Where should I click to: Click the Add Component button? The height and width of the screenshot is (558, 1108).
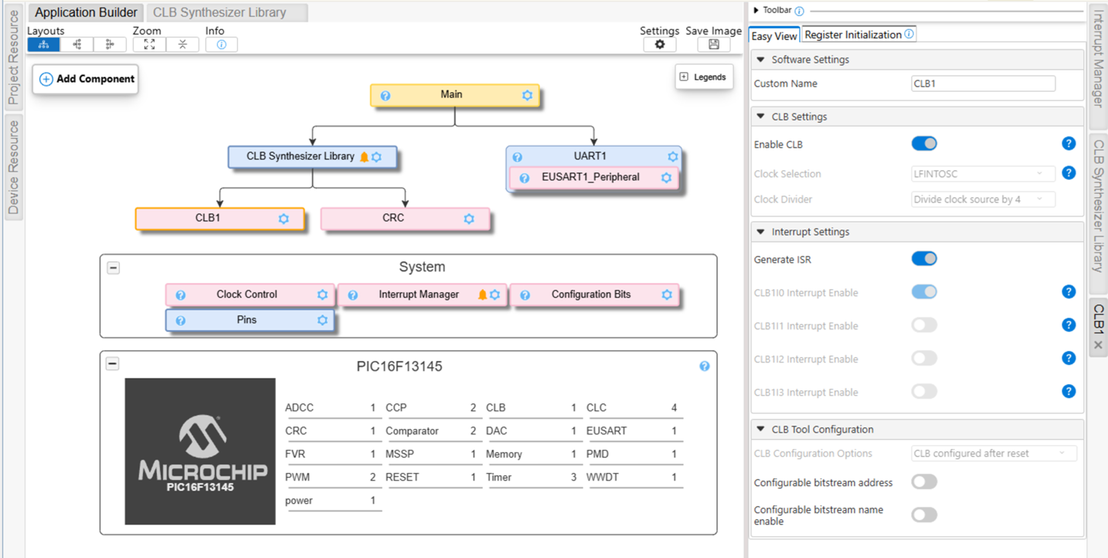pyautogui.click(x=86, y=79)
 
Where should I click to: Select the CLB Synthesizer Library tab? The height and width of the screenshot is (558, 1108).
pyautogui.click(x=219, y=12)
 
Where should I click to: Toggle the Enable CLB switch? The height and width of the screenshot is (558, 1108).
pyautogui.click(x=924, y=144)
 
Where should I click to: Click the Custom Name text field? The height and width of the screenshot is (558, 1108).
pyautogui.click(x=983, y=83)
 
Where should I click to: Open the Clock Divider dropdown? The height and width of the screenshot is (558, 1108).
pyautogui.click(x=983, y=199)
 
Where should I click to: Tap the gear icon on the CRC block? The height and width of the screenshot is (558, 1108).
pyautogui.click(x=469, y=219)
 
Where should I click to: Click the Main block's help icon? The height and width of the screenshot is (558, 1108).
pyautogui.click(x=386, y=96)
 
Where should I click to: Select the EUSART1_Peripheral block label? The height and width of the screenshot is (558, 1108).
pyautogui.click(x=590, y=177)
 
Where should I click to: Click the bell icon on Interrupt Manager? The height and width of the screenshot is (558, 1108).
pyautogui.click(x=482, y=294)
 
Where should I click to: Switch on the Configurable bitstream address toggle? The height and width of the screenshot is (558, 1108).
pyautogui.click(x=924, y=481)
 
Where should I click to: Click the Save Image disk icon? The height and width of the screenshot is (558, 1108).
pyautogui.click(x=714, y=45)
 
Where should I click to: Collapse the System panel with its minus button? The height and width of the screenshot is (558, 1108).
pyautogui.click(x=114, y=268)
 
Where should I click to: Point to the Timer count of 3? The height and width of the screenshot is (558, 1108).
pyautogui.click(x=574, y=478)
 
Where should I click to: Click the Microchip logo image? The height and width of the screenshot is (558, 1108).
pyautogui.click(x=200, y=451)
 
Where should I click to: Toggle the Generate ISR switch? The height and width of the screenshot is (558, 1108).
pyautogui.click(x=924, y=259)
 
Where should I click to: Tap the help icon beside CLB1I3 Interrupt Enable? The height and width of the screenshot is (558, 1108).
pyautogui.click(x=1069, y=391)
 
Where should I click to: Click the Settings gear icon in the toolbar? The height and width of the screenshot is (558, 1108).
pyautogui.click(x=660, y=45)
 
